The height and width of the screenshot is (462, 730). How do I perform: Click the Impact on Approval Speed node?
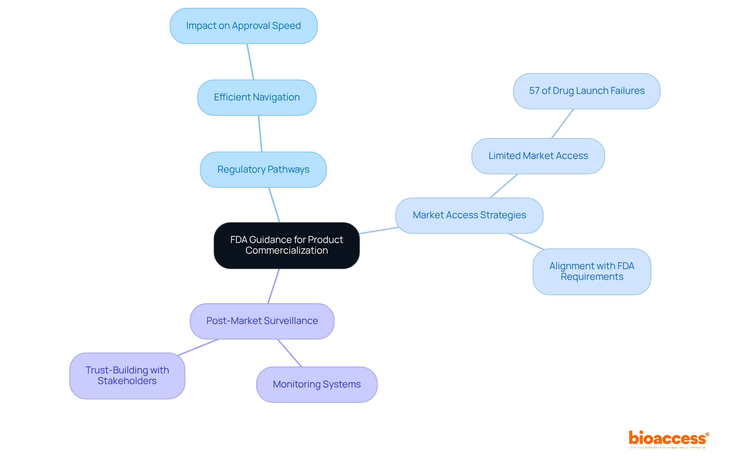243,26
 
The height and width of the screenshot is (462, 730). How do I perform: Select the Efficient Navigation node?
257,97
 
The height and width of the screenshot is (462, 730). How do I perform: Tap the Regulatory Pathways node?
263,170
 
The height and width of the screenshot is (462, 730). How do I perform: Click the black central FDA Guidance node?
286,245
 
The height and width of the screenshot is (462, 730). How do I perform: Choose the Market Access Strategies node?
469,215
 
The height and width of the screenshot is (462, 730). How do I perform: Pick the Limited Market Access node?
538,156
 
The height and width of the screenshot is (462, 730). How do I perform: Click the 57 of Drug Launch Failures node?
586,91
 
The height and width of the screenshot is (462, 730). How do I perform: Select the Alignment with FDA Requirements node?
592,271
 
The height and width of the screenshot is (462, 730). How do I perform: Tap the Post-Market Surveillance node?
262,321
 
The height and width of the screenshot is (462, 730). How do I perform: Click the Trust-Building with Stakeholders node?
127,376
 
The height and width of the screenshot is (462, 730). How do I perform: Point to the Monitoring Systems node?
317,384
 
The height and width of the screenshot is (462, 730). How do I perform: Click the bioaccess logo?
668,439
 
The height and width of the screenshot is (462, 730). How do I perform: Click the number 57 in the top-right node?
534,91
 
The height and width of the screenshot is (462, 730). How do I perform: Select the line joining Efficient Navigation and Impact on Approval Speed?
250,62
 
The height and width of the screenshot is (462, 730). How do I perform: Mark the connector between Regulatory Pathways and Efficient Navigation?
260,133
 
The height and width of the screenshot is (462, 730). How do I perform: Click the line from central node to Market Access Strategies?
379,230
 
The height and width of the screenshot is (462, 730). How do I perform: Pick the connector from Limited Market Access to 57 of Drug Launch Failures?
562,124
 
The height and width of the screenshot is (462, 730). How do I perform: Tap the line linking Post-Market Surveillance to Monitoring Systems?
289,353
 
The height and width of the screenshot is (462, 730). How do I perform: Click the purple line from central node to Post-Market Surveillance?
273,286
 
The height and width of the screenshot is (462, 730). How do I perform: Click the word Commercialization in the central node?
286,251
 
